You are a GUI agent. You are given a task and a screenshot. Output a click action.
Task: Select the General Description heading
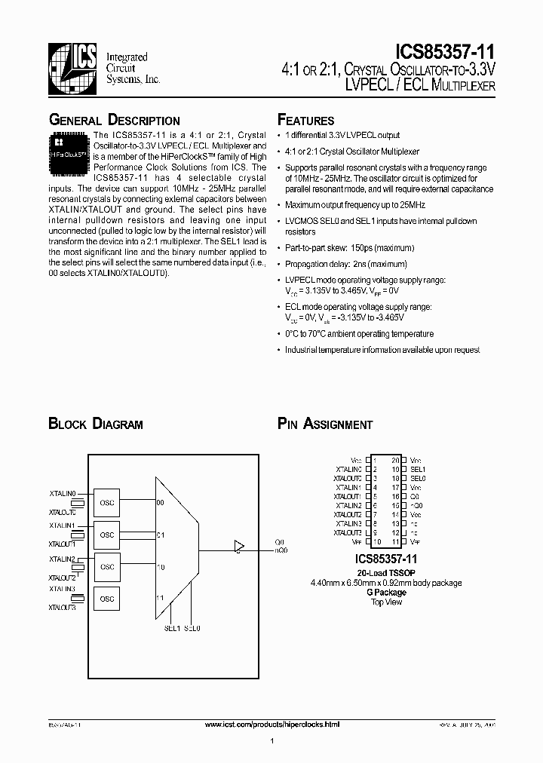114,121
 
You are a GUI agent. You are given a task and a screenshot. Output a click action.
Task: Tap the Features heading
305,121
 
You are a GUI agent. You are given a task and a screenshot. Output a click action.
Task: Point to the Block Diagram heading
95,424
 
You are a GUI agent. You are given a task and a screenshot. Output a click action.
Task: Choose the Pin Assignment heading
325,424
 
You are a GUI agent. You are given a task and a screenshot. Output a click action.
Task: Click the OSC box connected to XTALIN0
107,502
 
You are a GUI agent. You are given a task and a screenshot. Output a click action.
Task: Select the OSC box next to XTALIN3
107,599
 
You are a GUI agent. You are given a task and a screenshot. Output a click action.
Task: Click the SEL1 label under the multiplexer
172,628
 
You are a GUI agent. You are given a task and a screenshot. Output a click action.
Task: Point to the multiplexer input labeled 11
160,596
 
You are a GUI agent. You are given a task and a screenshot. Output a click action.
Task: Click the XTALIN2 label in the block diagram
62,559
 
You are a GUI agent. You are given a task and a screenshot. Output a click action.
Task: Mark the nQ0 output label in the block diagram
281,550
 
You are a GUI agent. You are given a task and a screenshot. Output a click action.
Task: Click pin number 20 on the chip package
394,459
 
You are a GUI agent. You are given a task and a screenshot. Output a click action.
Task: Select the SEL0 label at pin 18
419,478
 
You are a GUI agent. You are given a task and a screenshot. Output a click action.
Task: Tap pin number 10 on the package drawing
376,541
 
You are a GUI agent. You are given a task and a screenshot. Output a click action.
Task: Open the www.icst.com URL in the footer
272,724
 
